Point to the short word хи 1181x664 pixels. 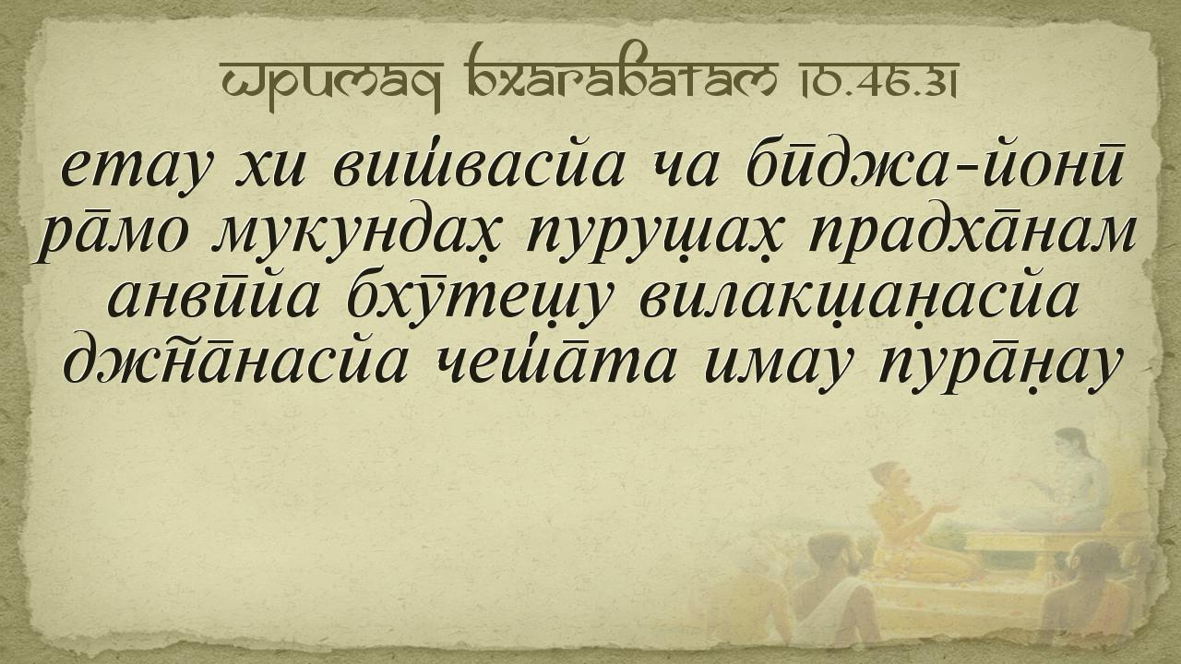coord(269,171)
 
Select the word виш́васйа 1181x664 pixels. coord(478,167)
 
